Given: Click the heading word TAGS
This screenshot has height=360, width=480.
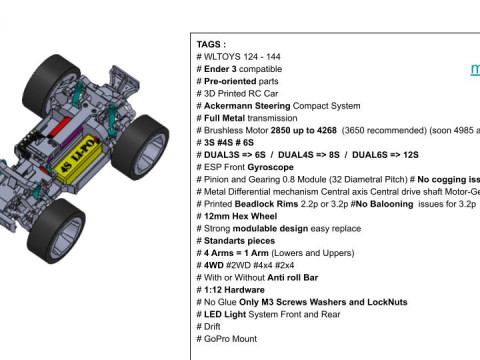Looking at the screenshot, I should pyautogui.click(x=211, y=45).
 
